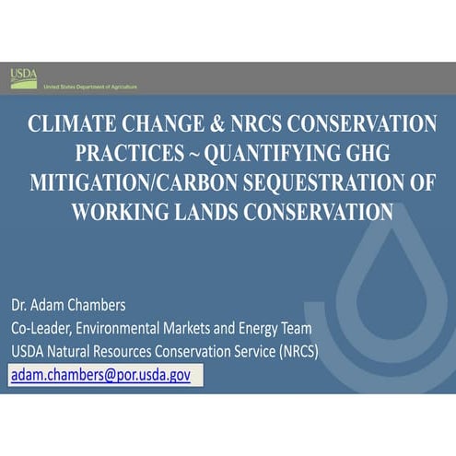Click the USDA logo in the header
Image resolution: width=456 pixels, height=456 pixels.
click(x=24, y=77)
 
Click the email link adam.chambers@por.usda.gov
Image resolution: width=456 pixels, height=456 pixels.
click(x=100, y=376)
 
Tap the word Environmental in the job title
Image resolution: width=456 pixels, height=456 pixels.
click(x=119, y=328)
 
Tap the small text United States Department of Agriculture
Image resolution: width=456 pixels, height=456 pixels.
click(x=90, y=87)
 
